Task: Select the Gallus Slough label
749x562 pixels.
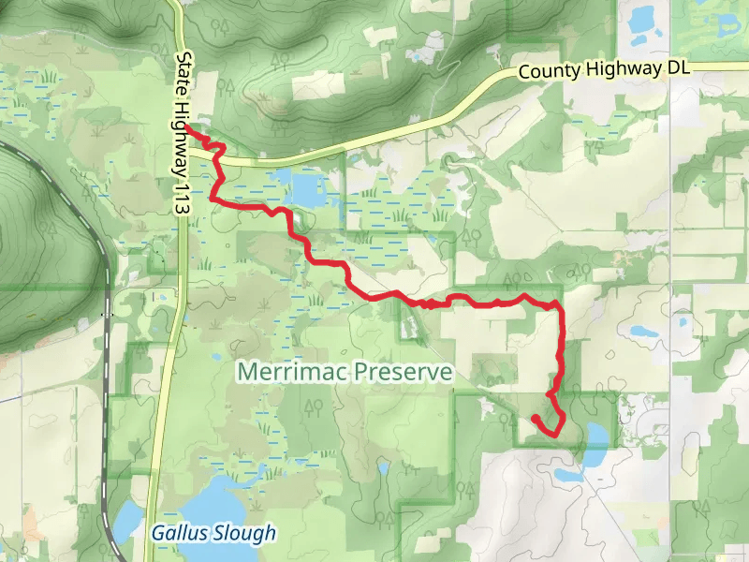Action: pos(214,533)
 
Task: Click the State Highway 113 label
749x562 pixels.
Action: pos(184,137)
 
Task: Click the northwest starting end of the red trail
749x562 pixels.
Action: pos(187,126)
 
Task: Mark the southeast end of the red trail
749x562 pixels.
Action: pos(534,418)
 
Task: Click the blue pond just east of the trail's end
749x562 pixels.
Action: pos(594,436)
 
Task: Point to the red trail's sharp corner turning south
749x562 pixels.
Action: pos(560,305)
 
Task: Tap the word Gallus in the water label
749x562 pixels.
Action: pos(179,533)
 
